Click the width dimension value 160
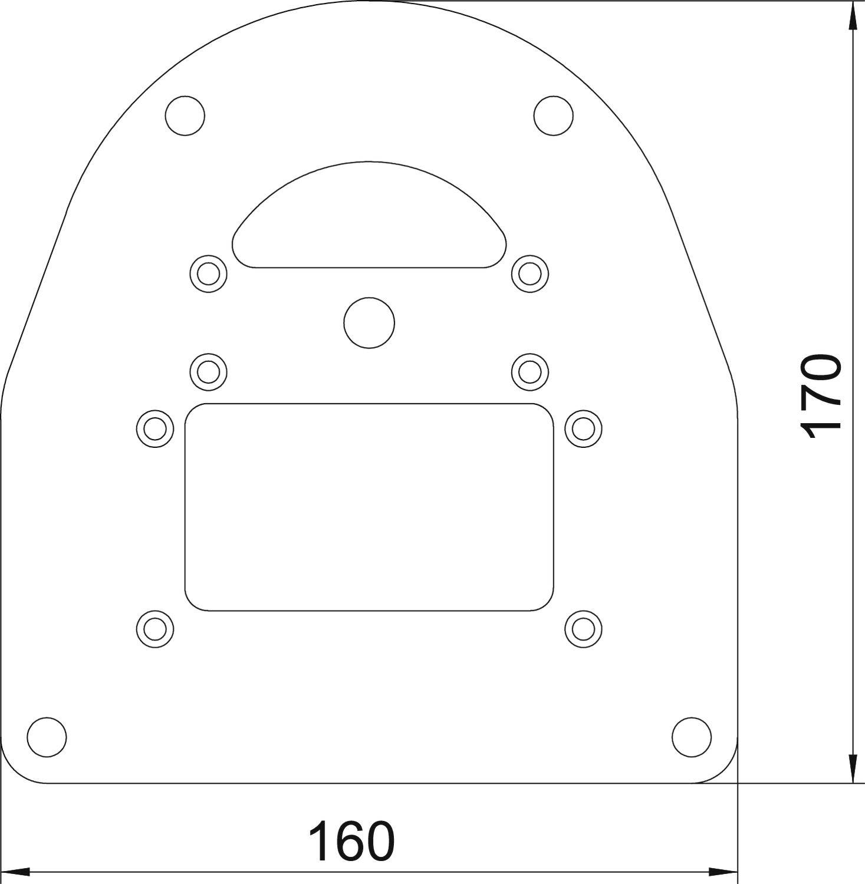[x=351, y=842]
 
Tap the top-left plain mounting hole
[x=185, y=115]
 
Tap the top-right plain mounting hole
[x=553, y=115]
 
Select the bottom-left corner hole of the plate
[x=47, y=737]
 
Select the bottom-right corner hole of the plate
[x=691, y=737]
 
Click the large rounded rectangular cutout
[x=369, y=507]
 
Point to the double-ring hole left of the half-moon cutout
[x=209, y=273]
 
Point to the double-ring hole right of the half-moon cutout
[x=529, y=273]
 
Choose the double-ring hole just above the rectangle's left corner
[x=209, y=372]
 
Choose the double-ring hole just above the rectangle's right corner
[x=529, y=372]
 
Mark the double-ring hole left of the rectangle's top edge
[x=155, y=428]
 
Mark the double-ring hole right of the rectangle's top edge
[x=583, y=428]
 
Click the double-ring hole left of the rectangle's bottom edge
[x=155, y=629]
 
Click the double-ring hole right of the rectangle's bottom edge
[x=583, y=629]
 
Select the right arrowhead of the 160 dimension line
[x=724, y=871]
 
